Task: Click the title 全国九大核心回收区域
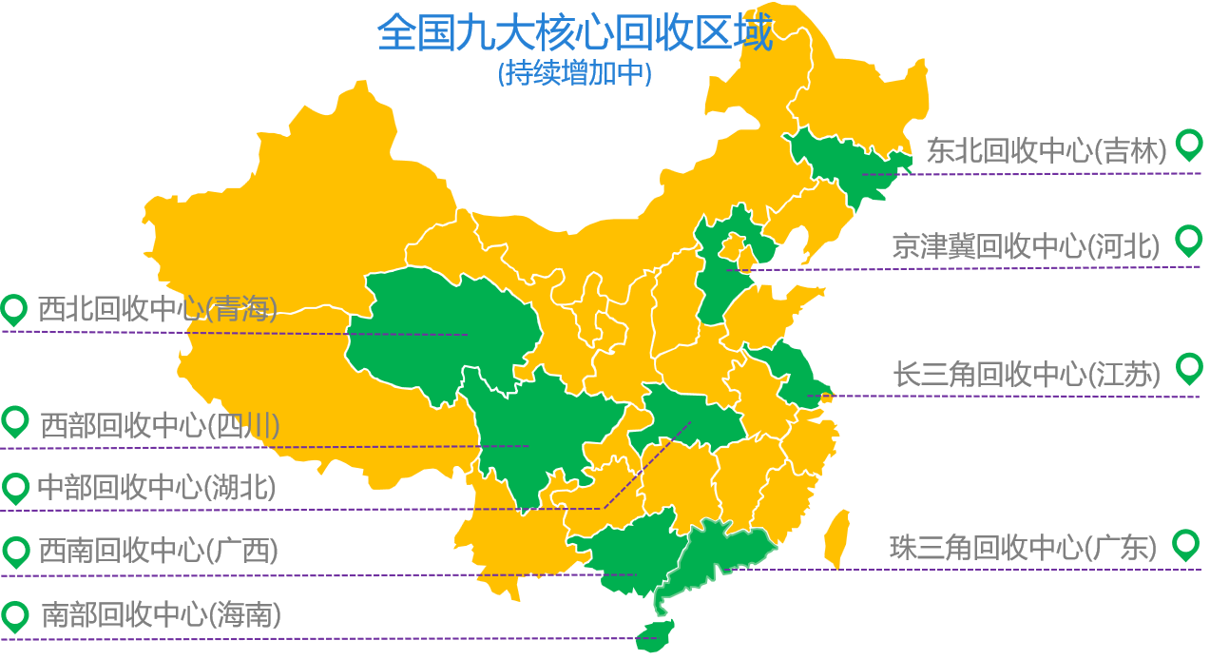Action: coord(574,34)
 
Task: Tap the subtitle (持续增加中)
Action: coord(574,74)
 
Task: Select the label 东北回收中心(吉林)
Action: coord(1047,151)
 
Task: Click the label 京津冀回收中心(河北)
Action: coord(1027,247)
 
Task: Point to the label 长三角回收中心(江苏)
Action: coord(1027,375)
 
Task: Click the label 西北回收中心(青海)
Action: coord(158,310)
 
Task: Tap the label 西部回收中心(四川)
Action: coord(160,425)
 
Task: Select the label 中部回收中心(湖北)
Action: coord(157,488)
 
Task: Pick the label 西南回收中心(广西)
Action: coord(158,551)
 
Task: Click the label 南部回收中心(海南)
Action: coord(161,615)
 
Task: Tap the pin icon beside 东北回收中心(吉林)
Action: coord(1188,145)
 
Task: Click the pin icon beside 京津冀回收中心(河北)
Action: coord(1188,240)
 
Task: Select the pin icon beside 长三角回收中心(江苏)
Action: coord(1188,367)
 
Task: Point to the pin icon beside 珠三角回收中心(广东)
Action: coord(1185,544)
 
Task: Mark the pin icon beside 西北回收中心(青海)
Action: coord(14,309)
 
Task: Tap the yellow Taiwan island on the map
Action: coord(835,537)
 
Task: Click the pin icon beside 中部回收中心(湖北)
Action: coord(16,489)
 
